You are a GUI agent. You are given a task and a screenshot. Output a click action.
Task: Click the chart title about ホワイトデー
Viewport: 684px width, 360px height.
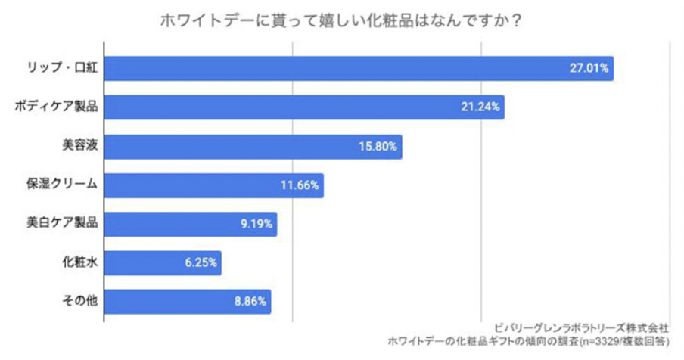click(340, 20)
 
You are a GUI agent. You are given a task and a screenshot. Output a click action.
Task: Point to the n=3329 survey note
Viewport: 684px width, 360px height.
click(529, 342)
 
